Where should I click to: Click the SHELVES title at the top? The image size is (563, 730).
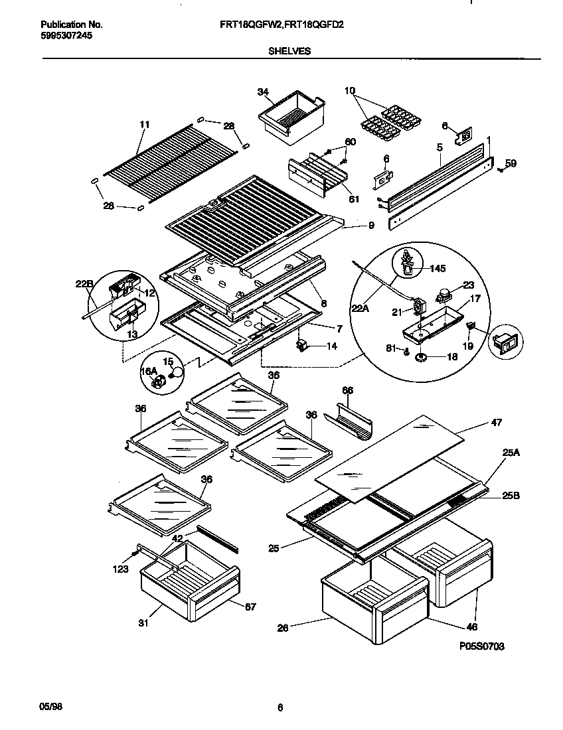[x=291, y=50]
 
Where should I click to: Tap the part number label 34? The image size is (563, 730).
[x=263, y=92]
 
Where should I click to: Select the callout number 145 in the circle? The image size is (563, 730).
[x=438, y=269]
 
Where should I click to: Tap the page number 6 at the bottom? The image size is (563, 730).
[x=280, y=707]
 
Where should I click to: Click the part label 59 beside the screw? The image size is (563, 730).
[x=511, y=163]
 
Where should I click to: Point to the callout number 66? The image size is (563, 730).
[x=347, y=390]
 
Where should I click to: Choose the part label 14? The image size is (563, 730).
[x=331, y=346]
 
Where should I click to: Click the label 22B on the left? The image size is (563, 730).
[x=84, y=285]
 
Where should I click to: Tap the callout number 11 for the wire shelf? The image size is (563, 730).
[x=145, y=124]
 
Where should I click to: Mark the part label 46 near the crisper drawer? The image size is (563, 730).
[x=473, y=626]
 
